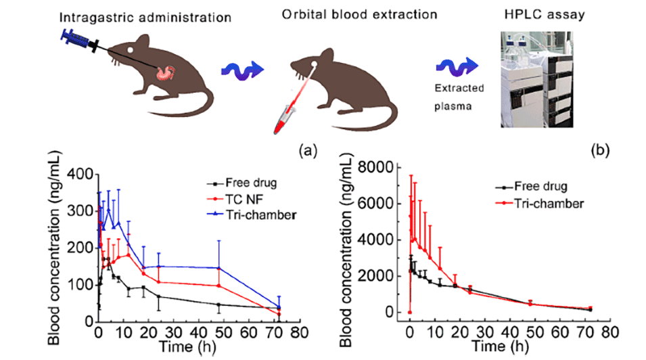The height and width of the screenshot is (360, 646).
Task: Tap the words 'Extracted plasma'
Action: pos(456,97)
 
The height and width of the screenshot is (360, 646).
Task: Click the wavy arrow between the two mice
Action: pos(240,68)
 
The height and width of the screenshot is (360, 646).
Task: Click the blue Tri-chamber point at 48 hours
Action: pos(219,268)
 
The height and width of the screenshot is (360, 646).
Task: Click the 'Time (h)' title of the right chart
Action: pos(500,347)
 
